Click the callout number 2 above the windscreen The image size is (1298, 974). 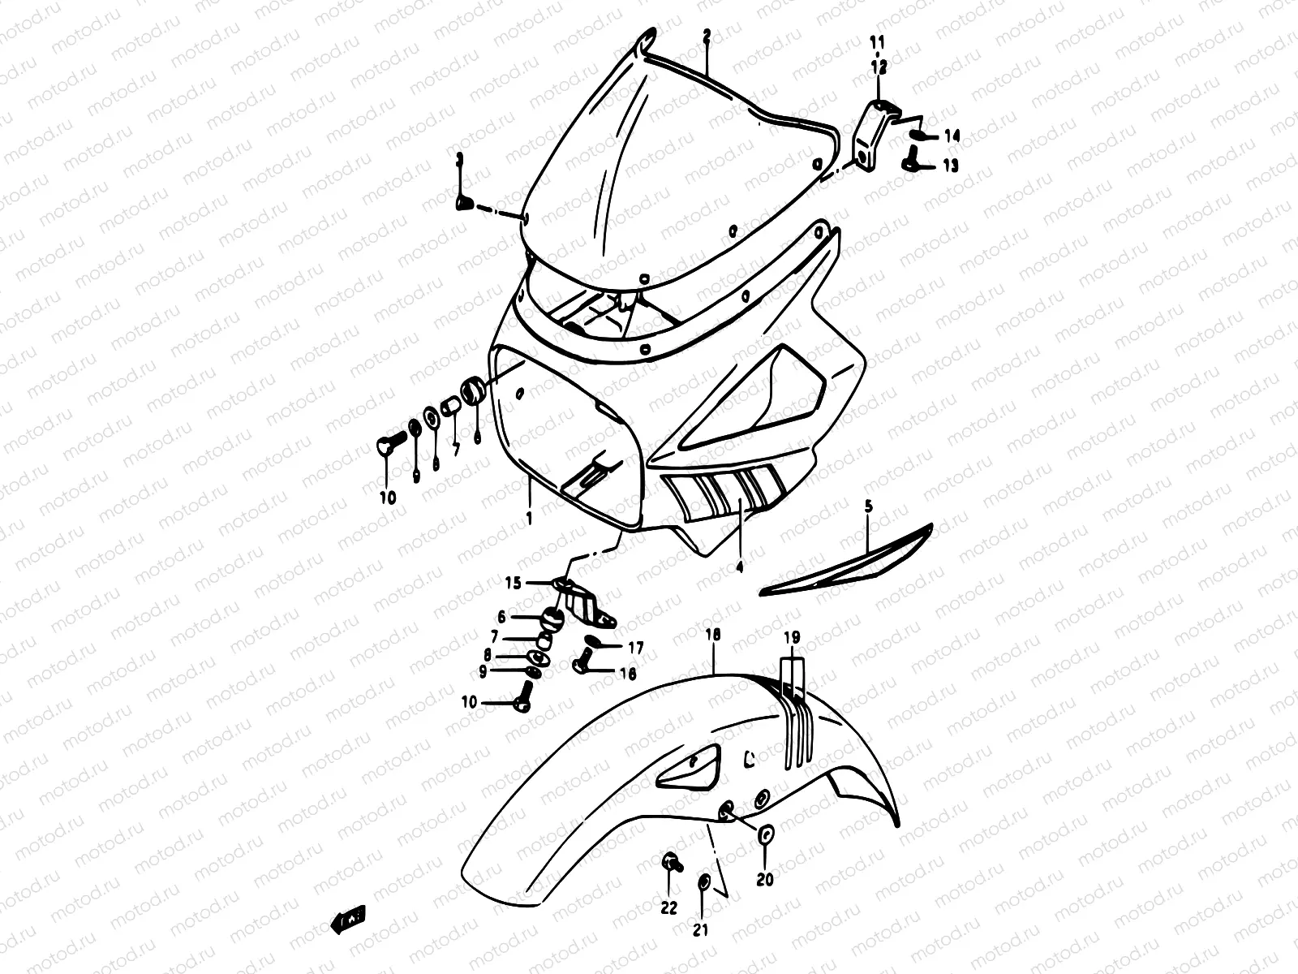[707, 36]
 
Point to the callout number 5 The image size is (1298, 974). [868, 506]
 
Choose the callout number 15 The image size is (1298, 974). [514, 583]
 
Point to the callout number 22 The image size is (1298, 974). [668, 909]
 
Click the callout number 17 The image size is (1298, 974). [635, 648]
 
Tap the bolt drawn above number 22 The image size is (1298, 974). [670, 864]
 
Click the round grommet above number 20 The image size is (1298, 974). [766, 834]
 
